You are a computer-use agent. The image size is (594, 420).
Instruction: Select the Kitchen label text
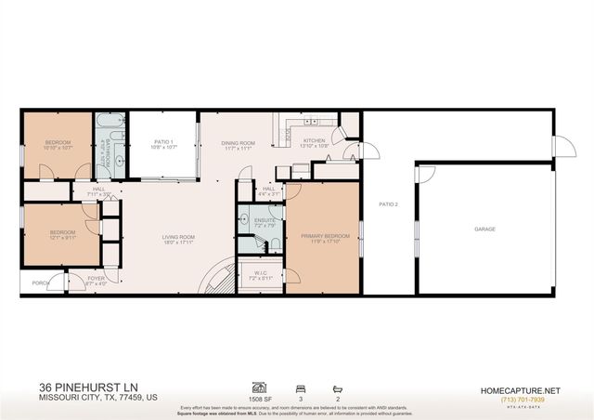(315, 141)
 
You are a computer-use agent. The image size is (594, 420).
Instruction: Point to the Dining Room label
(238, 142)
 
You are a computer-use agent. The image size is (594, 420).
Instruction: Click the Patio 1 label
(162, 141)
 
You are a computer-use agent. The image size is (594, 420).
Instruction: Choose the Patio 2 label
(388, 203)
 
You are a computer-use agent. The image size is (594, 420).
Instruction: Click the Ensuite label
(261, 219)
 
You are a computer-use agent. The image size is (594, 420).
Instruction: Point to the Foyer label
(97, 278)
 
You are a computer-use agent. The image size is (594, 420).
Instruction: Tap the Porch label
(40, 282)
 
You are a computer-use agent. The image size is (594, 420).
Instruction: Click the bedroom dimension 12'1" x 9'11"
(62, 237)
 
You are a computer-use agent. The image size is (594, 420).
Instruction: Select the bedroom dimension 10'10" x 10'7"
(57, 147)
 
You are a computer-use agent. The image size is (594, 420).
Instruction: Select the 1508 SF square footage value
(261, 399)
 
